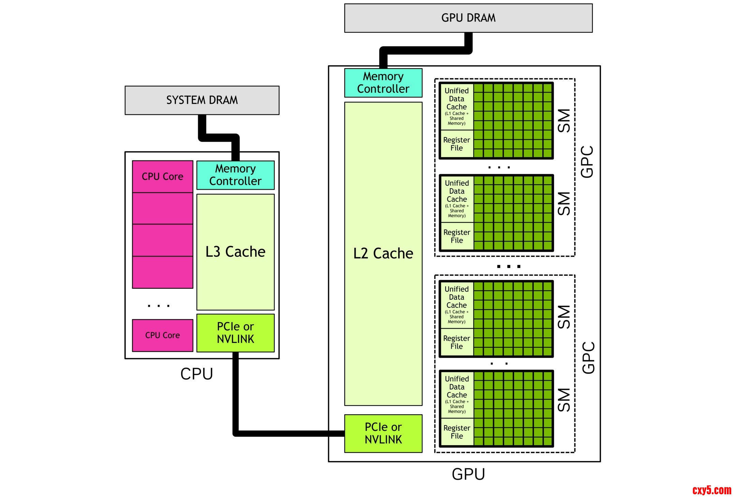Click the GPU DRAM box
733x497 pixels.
468,18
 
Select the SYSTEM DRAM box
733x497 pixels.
202,100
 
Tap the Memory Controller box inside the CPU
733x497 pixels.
235,175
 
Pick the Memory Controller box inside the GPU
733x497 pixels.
383,83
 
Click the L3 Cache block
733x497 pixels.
235,252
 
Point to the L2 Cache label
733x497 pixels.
383,254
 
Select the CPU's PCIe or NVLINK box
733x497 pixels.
235,333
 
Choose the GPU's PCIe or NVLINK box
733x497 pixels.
383,433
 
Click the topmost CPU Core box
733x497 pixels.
163,177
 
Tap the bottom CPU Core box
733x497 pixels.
163,335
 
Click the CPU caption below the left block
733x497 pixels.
197,374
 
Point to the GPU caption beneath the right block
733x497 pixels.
468,474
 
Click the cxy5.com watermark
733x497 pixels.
712,490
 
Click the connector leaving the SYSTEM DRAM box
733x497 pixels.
218,137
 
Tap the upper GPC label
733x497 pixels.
587,162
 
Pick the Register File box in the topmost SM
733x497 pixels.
457,144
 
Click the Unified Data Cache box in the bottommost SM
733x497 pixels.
457,394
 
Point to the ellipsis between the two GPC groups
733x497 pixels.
509,266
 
